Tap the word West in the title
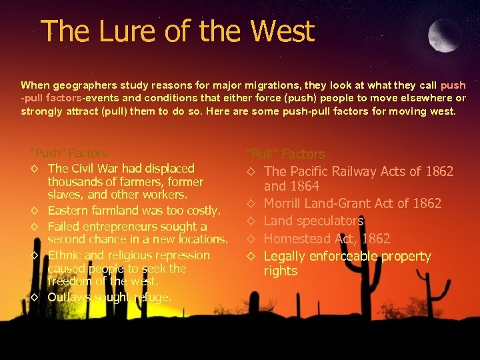(x=281, y=31)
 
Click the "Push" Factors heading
(x=69, y=153)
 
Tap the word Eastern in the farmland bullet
(x=70, y=211)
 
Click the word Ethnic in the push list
(x=65, y=255)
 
